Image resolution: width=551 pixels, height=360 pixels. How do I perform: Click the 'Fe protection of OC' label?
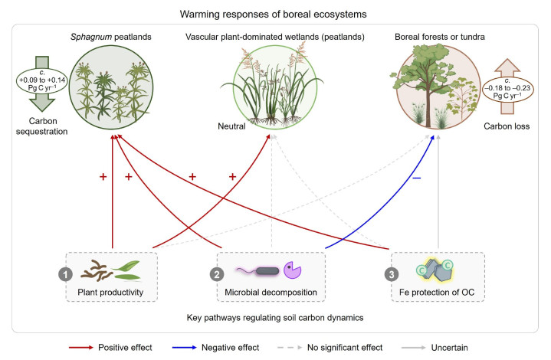point(441,292)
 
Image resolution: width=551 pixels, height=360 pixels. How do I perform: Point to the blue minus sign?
point(416,177)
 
